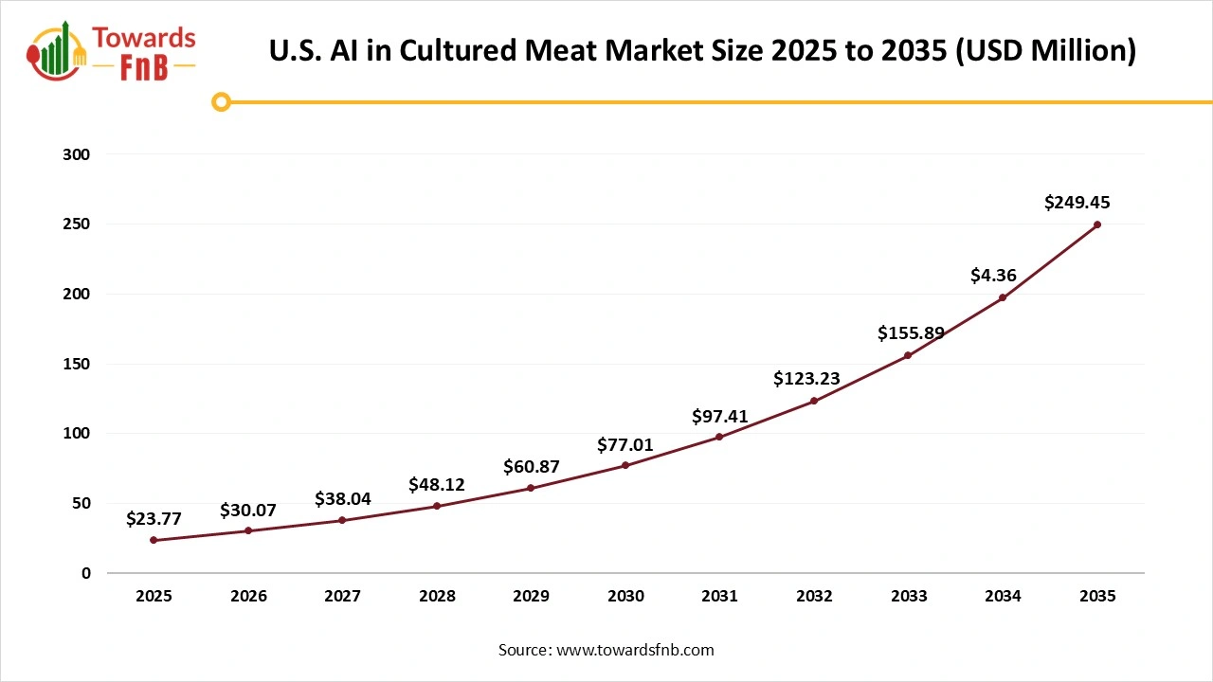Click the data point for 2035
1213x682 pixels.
pyautogui.click(x=1097, y=224)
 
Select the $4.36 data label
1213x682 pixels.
pyautogui.click(x=993, y=276)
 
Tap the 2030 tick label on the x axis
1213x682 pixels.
pyautogui.click(x=625, y=597)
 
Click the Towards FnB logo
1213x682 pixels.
pyautogui.click(x=112, y=52)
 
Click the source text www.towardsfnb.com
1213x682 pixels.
pyautogui.click(x=606, y=650)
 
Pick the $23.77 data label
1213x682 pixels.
pyautogui.click(x=154, y=519)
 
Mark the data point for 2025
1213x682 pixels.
pyautogui.click(x=154, y=540)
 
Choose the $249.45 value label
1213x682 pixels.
pyautogui.click(x=1077, y=202)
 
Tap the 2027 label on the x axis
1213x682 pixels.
pyautogui.click(x=342, y=597)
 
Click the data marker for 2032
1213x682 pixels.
pyautogui.click(x=814, y=401)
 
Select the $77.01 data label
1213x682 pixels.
pyautogui.click(x=625, y=444)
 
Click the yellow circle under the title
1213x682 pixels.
pyautogui.click(x=221, y=101)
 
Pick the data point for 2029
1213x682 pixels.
pyautogui.click(x=531, y=488)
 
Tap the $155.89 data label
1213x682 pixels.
pyautogui.click(x=910, y=333)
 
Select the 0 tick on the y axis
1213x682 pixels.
pyautogui.click(x=86, y=573)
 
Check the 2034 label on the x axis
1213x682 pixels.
pyautogui.click(x=1003, y=597)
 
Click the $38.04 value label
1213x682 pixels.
pyautogui.click(x=343, y=498)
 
